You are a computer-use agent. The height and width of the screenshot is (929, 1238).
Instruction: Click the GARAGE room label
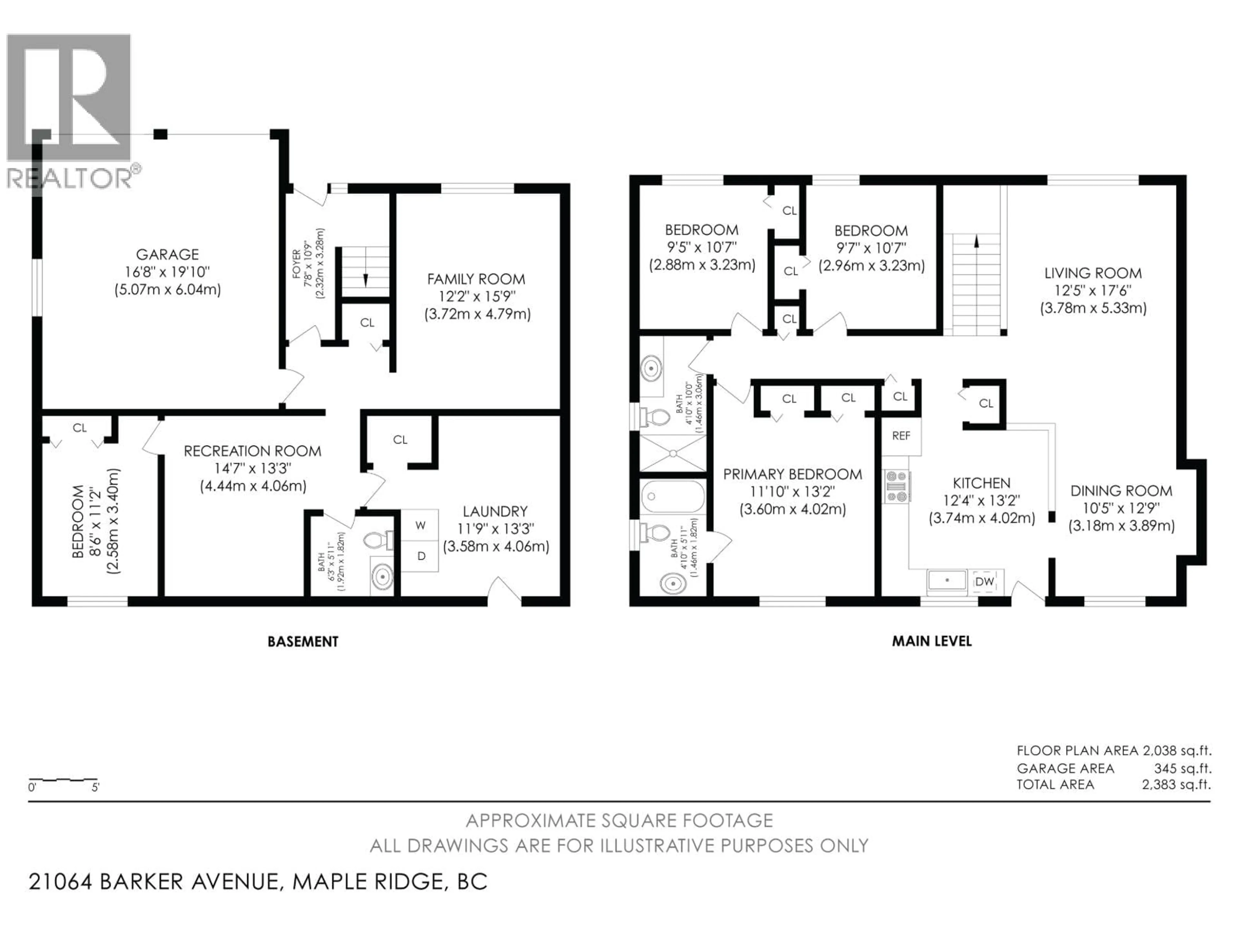[x=167, y=254]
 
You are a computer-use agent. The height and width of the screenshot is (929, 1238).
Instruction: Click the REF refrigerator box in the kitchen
[x=901, y=436]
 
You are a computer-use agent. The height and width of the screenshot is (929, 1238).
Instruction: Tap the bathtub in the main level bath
[x=672, y=496]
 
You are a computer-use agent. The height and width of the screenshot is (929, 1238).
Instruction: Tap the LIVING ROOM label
[x=1093, y=273]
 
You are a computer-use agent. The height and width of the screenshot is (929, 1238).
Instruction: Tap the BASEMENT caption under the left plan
[x=303, y=642]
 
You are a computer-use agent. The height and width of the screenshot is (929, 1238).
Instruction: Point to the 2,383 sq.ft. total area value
[x=1176, y=784]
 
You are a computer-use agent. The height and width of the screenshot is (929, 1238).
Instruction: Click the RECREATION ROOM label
[x=252, y=451]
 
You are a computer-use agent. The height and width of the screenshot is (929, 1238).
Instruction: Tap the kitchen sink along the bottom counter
[x=947, y=581]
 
